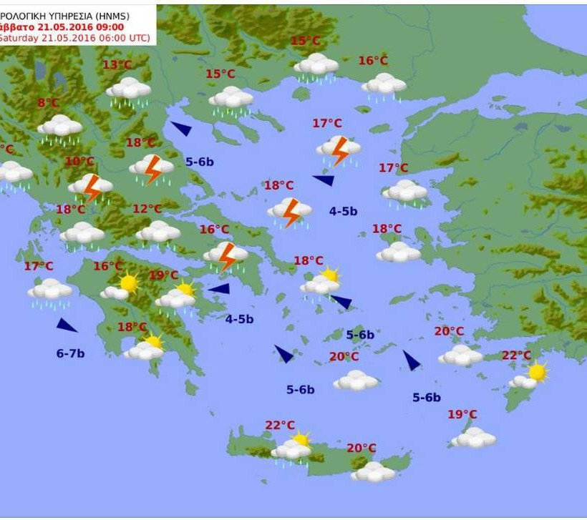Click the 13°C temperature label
[x=117, y=65]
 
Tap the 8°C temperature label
[x=48, y=103]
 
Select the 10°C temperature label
[x=79, y=162]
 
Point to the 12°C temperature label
[x=147, y=209]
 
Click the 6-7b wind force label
[x=70, y=353]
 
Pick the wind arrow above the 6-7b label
[x=67, y=325]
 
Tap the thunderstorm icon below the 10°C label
[x=91, y=187]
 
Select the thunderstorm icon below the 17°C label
[x=339, y=149]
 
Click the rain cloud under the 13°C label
[x=129, y=90]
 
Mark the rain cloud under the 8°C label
[x=59, y=128]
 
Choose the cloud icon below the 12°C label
[x=158, y=232]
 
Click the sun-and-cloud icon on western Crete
[x=293, y=447]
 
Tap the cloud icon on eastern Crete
[x=372, y=471]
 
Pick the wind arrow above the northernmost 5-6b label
[x=181, y=129]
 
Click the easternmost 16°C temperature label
[x=373, y=61]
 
